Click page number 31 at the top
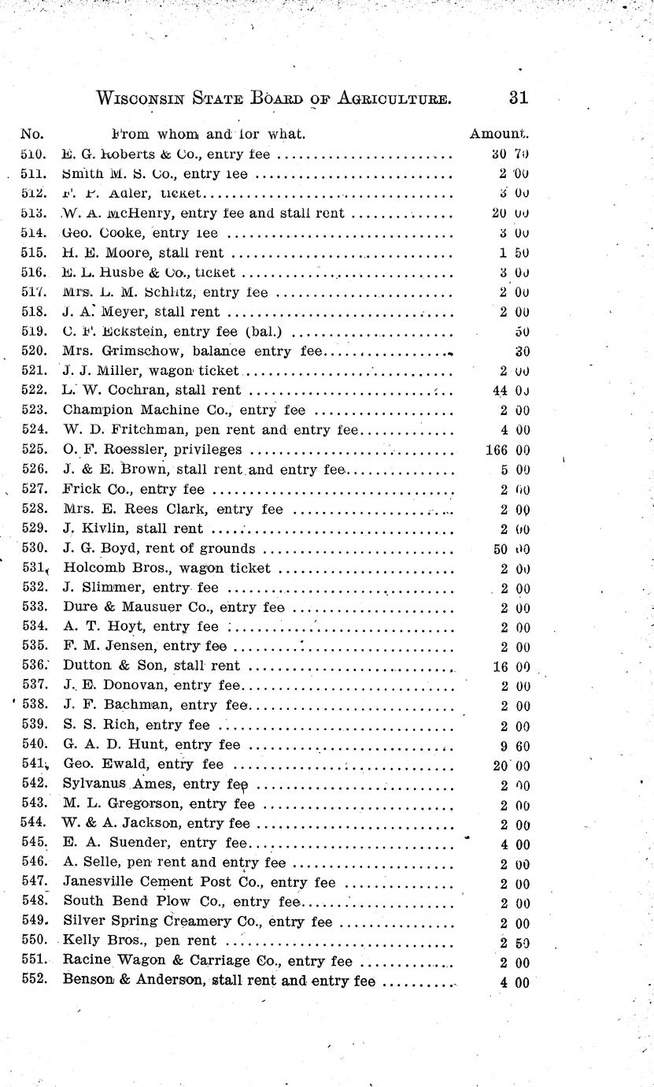coord(517,98)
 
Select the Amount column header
coord(499,134)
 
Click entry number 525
coord(32,451)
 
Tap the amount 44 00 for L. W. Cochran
coord(510,391)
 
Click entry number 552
coord(34,981)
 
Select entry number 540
coord(34,744)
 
